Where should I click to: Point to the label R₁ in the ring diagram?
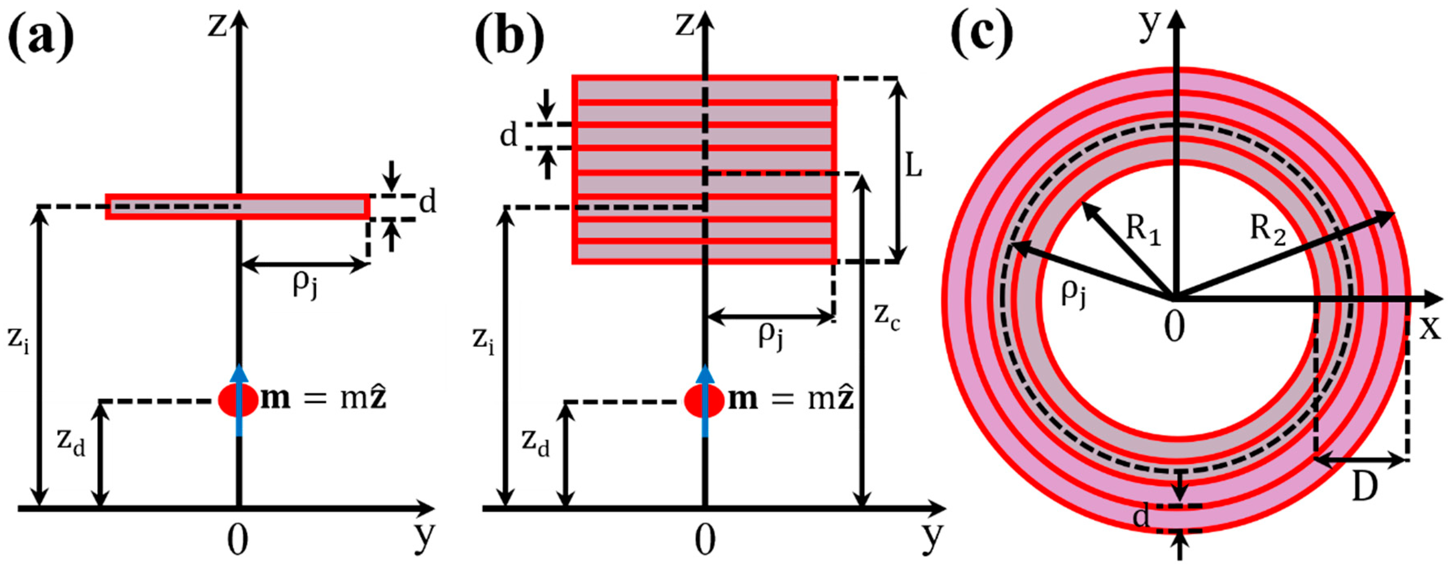point(1142,231)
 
